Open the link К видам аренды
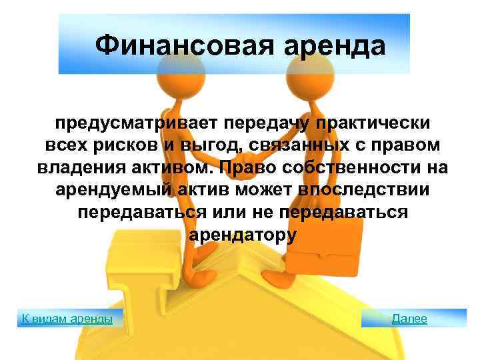[63, 318]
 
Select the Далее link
[409, 318]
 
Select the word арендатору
[242, 235]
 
